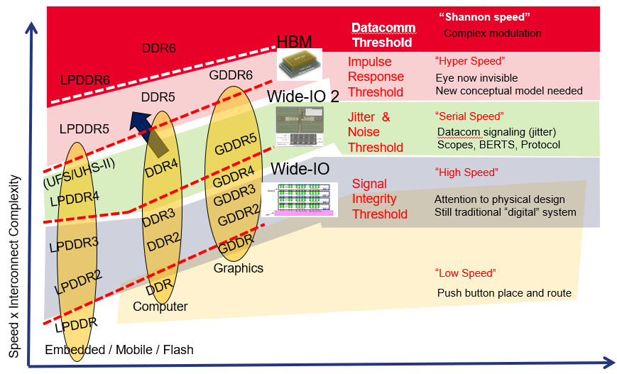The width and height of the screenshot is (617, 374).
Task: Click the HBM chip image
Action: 299,64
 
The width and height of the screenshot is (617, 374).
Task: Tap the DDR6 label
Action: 158,49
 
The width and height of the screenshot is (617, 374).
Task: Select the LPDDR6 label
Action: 84,81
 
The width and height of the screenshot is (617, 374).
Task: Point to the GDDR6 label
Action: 231,75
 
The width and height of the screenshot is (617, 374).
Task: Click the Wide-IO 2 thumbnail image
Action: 298,126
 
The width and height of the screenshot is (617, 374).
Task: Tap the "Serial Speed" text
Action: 469,116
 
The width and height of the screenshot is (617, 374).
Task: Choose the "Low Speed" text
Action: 465,273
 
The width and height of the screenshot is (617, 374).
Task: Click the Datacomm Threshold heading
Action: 381,35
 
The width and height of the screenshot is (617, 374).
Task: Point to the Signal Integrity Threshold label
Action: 380,199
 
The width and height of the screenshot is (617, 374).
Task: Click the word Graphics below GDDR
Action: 239,268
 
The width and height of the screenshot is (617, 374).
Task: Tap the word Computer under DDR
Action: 160,307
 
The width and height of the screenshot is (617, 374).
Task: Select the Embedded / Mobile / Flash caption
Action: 119,351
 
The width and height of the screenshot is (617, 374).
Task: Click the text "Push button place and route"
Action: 504,293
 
